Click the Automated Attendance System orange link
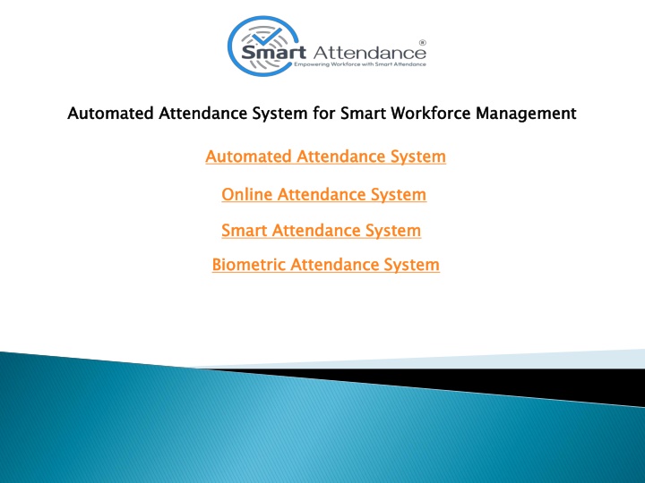click(x=326, y=157)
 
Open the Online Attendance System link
click(x=323, y=194)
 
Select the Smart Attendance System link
click(x=322, y=231)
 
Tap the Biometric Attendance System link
click(x=326, y=265)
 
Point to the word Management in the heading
click(x=526, y=114)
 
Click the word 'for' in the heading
click(x=323, y=113)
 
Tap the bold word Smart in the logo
click(x=273, y=53)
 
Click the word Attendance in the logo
click(x=369, y=53)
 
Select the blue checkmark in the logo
click(x=267, y=36)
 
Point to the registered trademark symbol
click(x=423, y=42)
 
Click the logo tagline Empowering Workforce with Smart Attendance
click(x=360, y=64)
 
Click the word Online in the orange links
click(x=247, y=194)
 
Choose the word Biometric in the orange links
click(x=249, y=265)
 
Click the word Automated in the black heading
click(x=111, y=113)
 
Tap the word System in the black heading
click(x=279, y=114)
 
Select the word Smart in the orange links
click(x=245, y=231)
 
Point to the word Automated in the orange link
click(x=248, y=157)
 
